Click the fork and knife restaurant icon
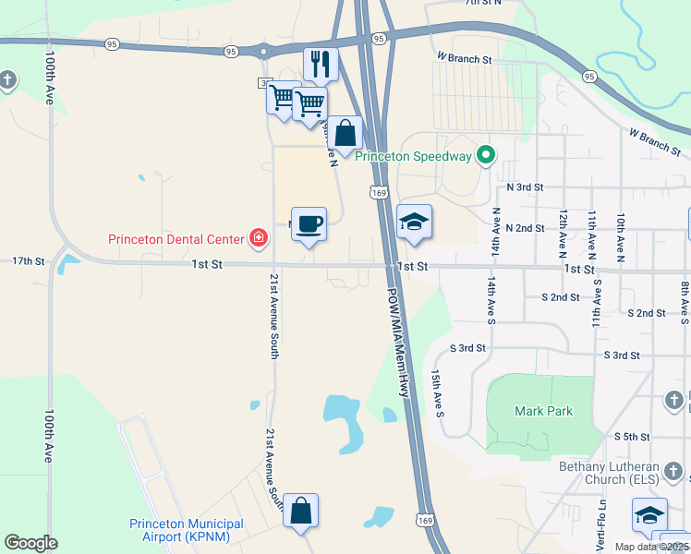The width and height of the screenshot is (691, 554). click(321, 64)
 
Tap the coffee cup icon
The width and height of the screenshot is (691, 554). click(309, 223)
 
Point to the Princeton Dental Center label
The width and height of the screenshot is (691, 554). click(176, 239)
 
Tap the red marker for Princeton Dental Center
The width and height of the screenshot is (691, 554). click(260, 239)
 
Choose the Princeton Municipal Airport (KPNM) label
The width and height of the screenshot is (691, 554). click(187, 529)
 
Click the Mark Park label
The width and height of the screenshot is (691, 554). click(543, 411)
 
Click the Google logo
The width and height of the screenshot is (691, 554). click(30, 543)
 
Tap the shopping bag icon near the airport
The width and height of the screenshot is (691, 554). click(301, 510)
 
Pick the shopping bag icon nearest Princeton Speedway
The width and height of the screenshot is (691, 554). click(345, 133)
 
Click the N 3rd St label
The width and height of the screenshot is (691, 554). click(526, 187)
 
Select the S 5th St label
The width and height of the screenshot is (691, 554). click(632, 436)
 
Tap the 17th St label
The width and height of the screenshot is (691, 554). click(29, 261)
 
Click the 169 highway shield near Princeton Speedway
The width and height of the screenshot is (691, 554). click(377, 192)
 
